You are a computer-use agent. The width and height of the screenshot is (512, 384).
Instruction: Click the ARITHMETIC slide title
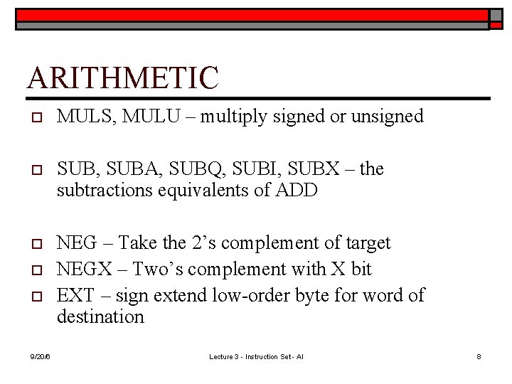(122, 77)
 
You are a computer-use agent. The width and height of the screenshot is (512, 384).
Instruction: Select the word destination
(100, 316)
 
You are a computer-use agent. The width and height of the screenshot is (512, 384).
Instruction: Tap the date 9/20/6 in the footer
(39, 356)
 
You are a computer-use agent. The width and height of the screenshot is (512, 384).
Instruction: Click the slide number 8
(479, 356)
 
